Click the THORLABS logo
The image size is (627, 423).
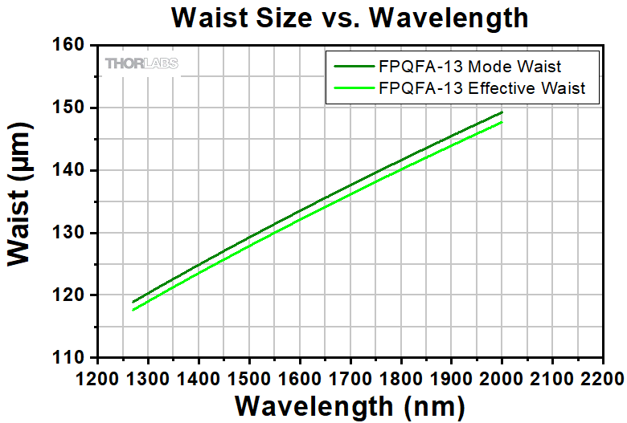(141, 63)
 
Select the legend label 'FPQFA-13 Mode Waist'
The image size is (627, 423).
(481, 66)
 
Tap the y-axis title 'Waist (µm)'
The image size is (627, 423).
(23, 201)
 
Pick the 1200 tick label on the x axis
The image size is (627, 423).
(97, 376)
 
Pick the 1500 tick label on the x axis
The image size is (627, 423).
(249, 376)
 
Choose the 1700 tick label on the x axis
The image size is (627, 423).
(350, 376)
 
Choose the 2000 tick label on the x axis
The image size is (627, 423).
(502, 376)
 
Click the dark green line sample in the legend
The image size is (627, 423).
(351, 67)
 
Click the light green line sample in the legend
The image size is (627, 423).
(351, 89)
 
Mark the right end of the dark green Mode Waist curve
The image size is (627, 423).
(502, 112)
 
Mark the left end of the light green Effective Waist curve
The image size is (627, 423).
(133, 310)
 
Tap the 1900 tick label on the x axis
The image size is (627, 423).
(451, 376)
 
